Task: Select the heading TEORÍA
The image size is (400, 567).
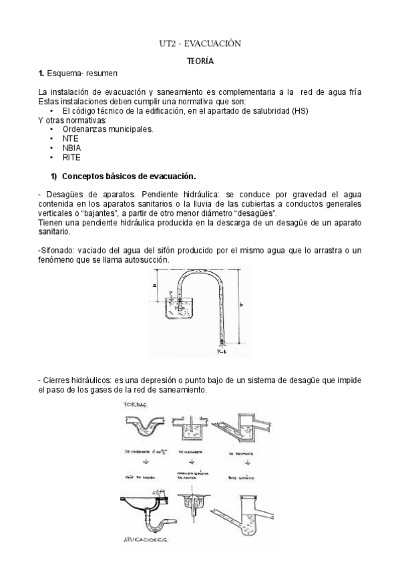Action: point(200,61)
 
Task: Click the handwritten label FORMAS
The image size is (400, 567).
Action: point(137,406)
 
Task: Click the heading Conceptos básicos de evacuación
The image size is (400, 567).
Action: point(128,177)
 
